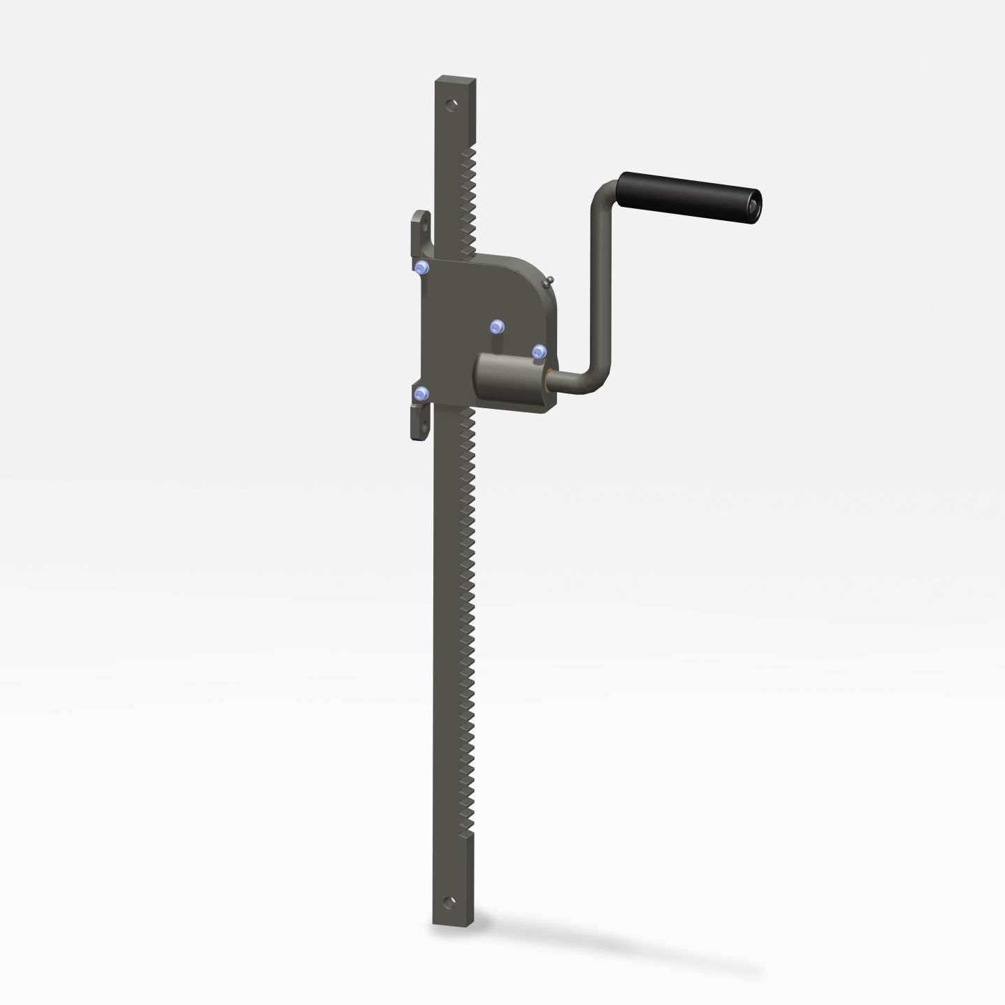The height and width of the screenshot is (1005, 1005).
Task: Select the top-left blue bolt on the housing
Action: pos(421,268)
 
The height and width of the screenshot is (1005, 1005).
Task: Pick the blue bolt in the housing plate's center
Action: pos(496,326)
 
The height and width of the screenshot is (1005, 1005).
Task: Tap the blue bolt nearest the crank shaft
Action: pos(539,352)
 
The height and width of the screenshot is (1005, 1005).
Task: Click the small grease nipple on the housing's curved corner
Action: pos(549,281)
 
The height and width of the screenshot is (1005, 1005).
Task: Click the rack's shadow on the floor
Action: pos(629,950)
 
